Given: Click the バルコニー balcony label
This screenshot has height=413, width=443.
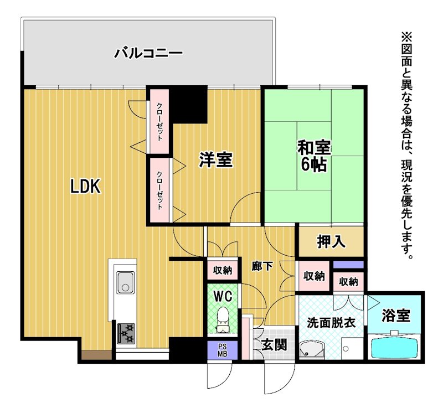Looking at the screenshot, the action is click(148, 53).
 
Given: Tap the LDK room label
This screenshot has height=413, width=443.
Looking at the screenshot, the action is click(85, 187).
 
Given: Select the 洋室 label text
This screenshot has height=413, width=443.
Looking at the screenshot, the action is click(216, 159).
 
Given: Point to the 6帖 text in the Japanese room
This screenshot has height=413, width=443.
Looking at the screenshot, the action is click(313, 164).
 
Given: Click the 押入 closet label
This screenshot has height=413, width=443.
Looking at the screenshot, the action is click(331, 242).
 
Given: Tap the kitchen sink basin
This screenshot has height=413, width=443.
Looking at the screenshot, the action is click(126, 282).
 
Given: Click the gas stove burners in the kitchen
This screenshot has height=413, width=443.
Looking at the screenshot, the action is click(126, 334).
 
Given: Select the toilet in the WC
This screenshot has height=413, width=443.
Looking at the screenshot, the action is click(223, 320).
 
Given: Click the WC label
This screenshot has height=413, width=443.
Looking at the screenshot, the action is click(223, 297).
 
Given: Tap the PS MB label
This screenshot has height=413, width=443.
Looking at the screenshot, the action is click(223, 350).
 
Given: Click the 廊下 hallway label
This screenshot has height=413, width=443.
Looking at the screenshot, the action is click(262, 266).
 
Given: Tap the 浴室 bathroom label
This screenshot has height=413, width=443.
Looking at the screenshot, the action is click(396, 315).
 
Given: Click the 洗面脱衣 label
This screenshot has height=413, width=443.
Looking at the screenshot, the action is click(331, 323).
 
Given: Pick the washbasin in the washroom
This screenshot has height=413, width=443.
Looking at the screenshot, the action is click(312, 350).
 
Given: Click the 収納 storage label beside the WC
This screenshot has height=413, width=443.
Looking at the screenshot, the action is click(223, 270).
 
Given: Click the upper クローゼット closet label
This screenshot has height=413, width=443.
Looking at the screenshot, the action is click(159, 122).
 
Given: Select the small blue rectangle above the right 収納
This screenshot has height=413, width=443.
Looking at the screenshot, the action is click(348, 265).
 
